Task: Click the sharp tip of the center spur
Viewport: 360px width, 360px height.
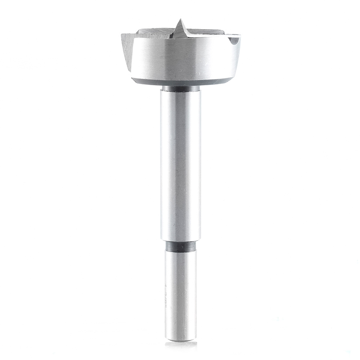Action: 181,19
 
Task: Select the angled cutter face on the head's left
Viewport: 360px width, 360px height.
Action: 127,50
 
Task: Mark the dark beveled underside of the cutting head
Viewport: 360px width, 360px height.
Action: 182,82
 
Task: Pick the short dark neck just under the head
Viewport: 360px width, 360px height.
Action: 181,88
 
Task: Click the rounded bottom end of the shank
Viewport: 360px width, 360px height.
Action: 181,339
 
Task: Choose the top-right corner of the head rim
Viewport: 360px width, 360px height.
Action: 240,36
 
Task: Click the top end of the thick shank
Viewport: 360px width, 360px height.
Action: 181,93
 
